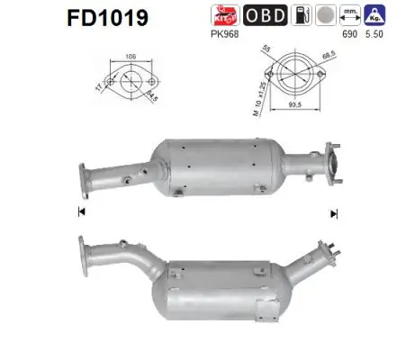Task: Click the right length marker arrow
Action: tap(334, 212)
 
